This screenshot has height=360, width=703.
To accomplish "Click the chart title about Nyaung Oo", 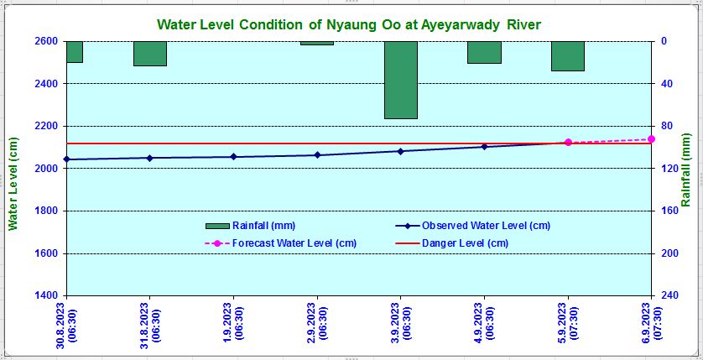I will pos(350,24).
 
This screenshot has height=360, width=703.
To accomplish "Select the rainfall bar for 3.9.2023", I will pos(400,80).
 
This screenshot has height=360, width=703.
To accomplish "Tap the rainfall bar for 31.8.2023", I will pos(149,53).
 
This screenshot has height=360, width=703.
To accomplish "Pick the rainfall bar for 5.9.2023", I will pos(567,55).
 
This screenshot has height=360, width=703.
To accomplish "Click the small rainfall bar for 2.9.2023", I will pos(317,43).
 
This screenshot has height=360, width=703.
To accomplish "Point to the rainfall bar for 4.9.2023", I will pos(484,52).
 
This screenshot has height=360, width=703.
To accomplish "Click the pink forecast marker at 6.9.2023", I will pos(651,138).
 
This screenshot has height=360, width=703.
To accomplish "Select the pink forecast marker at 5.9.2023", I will pos(568,143).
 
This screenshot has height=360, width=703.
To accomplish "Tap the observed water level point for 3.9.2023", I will pos(400,151).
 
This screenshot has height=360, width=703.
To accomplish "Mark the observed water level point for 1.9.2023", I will pos(233,157).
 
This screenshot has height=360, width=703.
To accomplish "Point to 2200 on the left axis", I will pos(46,126).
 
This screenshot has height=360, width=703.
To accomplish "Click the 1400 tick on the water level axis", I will pos(46,295).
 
